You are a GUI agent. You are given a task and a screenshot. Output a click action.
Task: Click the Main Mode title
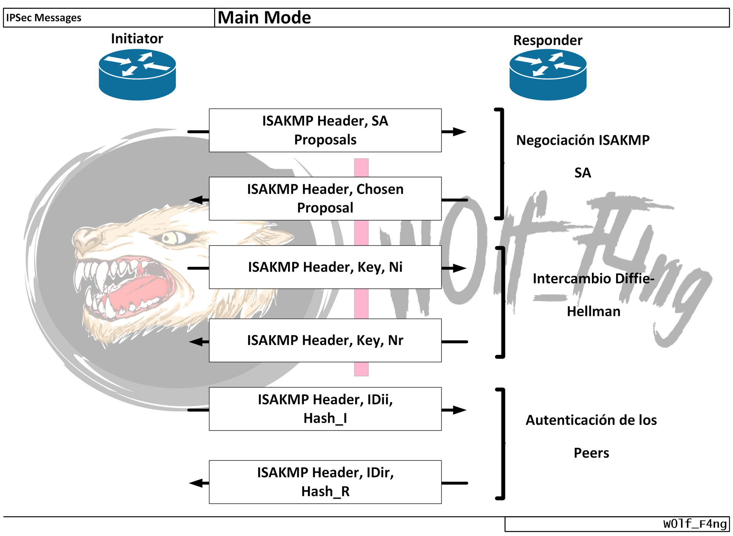(x=264, y=18)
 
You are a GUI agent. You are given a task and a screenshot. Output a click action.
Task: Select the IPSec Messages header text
(x=44, y=18)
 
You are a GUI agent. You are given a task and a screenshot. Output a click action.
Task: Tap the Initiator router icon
(x=137, y=74)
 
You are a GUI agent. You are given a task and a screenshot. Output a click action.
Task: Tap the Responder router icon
(x=548, y=74)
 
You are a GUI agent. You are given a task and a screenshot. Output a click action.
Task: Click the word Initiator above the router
(x=137, y=38)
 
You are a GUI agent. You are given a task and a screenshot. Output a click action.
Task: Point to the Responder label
(x=548, y=40)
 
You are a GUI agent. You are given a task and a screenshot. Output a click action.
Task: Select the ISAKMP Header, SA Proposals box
(x=325, y=130)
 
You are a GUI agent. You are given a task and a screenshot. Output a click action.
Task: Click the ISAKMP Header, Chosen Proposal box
(x=325, y=198)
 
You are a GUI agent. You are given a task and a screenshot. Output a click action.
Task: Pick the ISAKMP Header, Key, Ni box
(x=325, y=267)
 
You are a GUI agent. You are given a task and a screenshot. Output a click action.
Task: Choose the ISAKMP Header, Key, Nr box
(x=325, y=340)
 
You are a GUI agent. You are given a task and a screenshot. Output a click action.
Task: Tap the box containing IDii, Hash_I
(x=325, y=408)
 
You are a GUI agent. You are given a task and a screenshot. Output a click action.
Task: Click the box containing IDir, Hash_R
(x=325, y=482)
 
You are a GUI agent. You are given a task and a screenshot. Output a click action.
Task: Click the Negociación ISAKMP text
(x=583, y=140)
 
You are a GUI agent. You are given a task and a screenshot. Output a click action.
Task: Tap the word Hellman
(x=594, y=311)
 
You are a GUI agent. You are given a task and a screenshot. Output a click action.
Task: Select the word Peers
(x=591, y=453)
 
